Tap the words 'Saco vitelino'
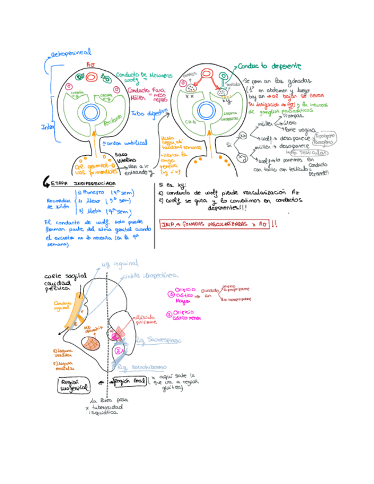tap(123, 158)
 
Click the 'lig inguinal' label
tap(120, 263)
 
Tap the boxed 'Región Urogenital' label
tap(74, 385)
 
